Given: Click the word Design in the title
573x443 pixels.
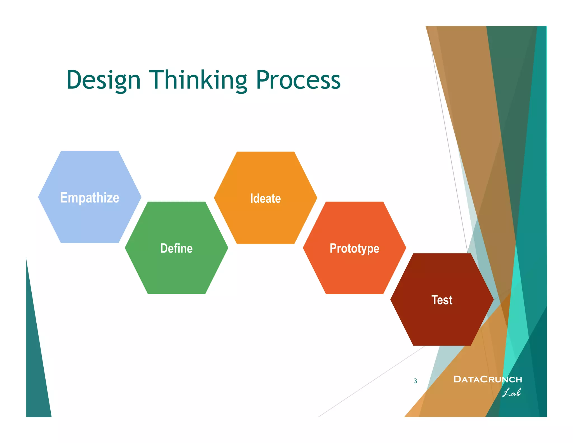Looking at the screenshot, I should click(x=103, y=80).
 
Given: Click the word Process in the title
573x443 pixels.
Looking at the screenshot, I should click(x=298, y=80).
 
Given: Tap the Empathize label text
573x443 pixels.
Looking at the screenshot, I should click(x=90, y=198).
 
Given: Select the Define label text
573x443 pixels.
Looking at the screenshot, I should click(x=176, y=248).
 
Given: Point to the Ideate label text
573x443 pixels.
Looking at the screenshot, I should click(x=265, y=199).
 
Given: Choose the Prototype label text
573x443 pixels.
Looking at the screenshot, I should click(x=354, y=248).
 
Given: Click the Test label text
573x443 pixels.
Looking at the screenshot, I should click(x=442, y=300).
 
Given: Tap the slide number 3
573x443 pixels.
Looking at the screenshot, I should click(x=415, y=381).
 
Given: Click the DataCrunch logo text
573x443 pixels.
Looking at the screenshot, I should click(x=487, y=379).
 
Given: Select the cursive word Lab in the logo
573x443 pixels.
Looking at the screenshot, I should click(x=511, y=393).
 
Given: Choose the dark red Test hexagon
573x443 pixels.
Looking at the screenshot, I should click(x=442, y=322).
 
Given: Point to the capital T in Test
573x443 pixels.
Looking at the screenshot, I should click(x=435, y=300).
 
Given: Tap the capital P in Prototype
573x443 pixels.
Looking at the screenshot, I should click(x=333, y=248).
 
